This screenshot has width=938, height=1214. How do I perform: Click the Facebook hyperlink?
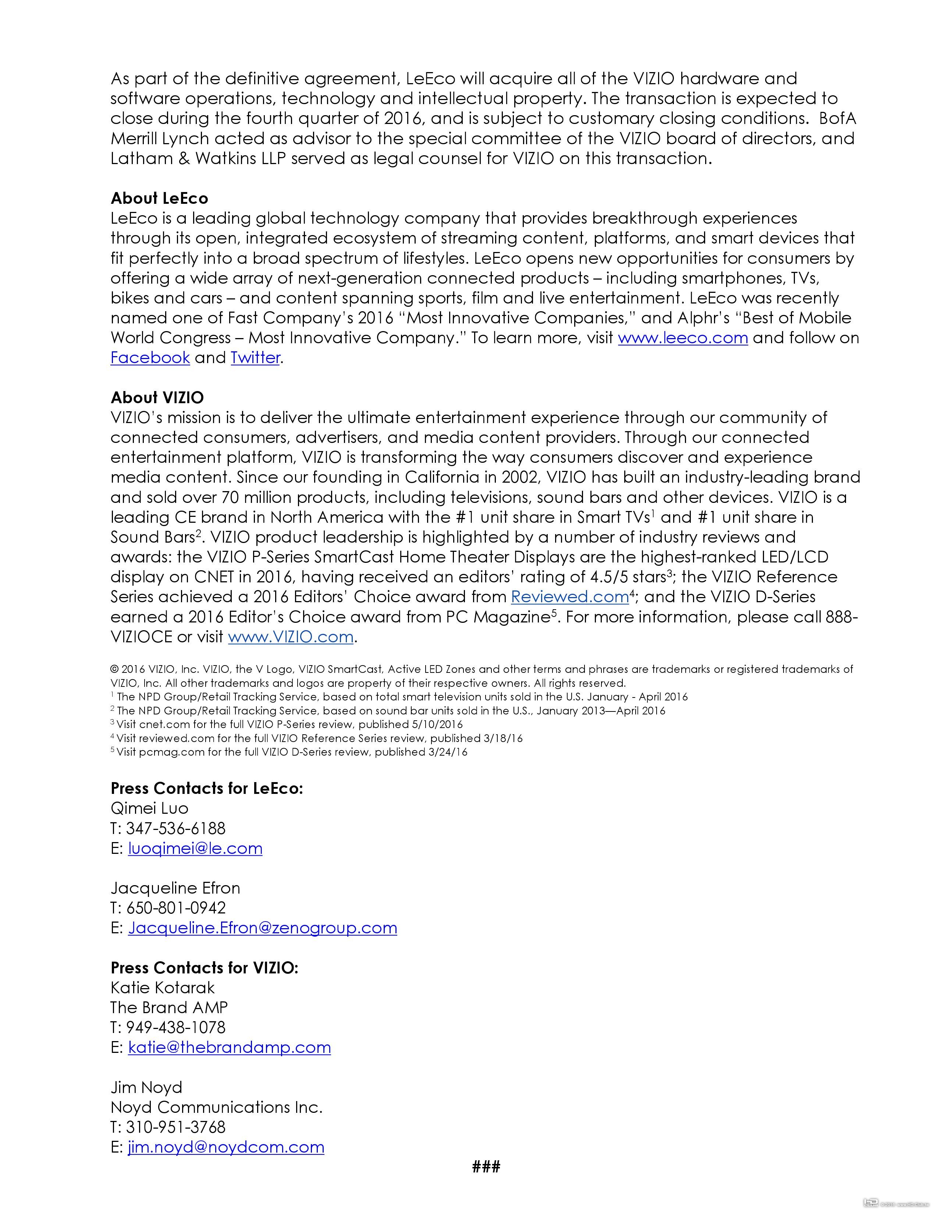[x=150, y=358]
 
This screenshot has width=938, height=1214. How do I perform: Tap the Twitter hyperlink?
[x=255, y=358]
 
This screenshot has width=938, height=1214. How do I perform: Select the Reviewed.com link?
[x=569, y=597]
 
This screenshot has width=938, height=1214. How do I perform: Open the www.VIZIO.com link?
[x=291, y=637]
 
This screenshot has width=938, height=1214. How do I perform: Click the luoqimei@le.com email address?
[x=195, y=848]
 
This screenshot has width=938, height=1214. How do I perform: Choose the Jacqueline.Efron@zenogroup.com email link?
[x=262, y=928]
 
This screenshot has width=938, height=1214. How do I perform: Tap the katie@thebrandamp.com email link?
[x=229, y=1047]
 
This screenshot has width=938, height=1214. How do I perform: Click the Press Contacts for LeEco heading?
[x=207, y=788]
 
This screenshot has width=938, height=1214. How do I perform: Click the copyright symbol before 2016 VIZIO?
[x=114, y=670]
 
